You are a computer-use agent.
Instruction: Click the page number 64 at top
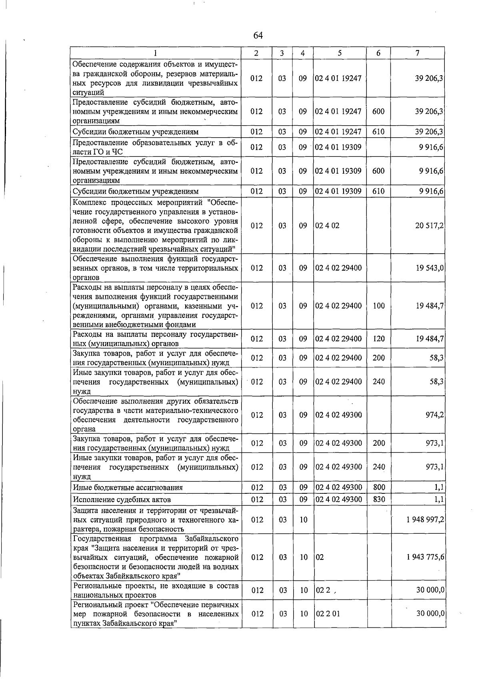(x=258, y=36)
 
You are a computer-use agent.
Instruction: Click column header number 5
(x=339, y=53)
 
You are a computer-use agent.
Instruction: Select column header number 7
(x=417, y=53)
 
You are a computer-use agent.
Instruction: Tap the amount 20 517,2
(x=429, y=226)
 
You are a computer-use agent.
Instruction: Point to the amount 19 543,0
(x=429, y=268)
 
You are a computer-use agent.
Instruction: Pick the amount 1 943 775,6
(x=425, y=557)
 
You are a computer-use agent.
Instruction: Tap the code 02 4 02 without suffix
(x=327, y=226)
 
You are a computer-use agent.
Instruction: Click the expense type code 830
(x=378, y=499)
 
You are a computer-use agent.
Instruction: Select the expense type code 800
(x=378, y=487)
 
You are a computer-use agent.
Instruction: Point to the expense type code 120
(x=378, y=339)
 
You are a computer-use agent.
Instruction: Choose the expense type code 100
(x=378, y=306)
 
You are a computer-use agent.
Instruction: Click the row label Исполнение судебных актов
(x=122, y=500)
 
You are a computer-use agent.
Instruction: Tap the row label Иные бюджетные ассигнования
(x=128, y=488)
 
